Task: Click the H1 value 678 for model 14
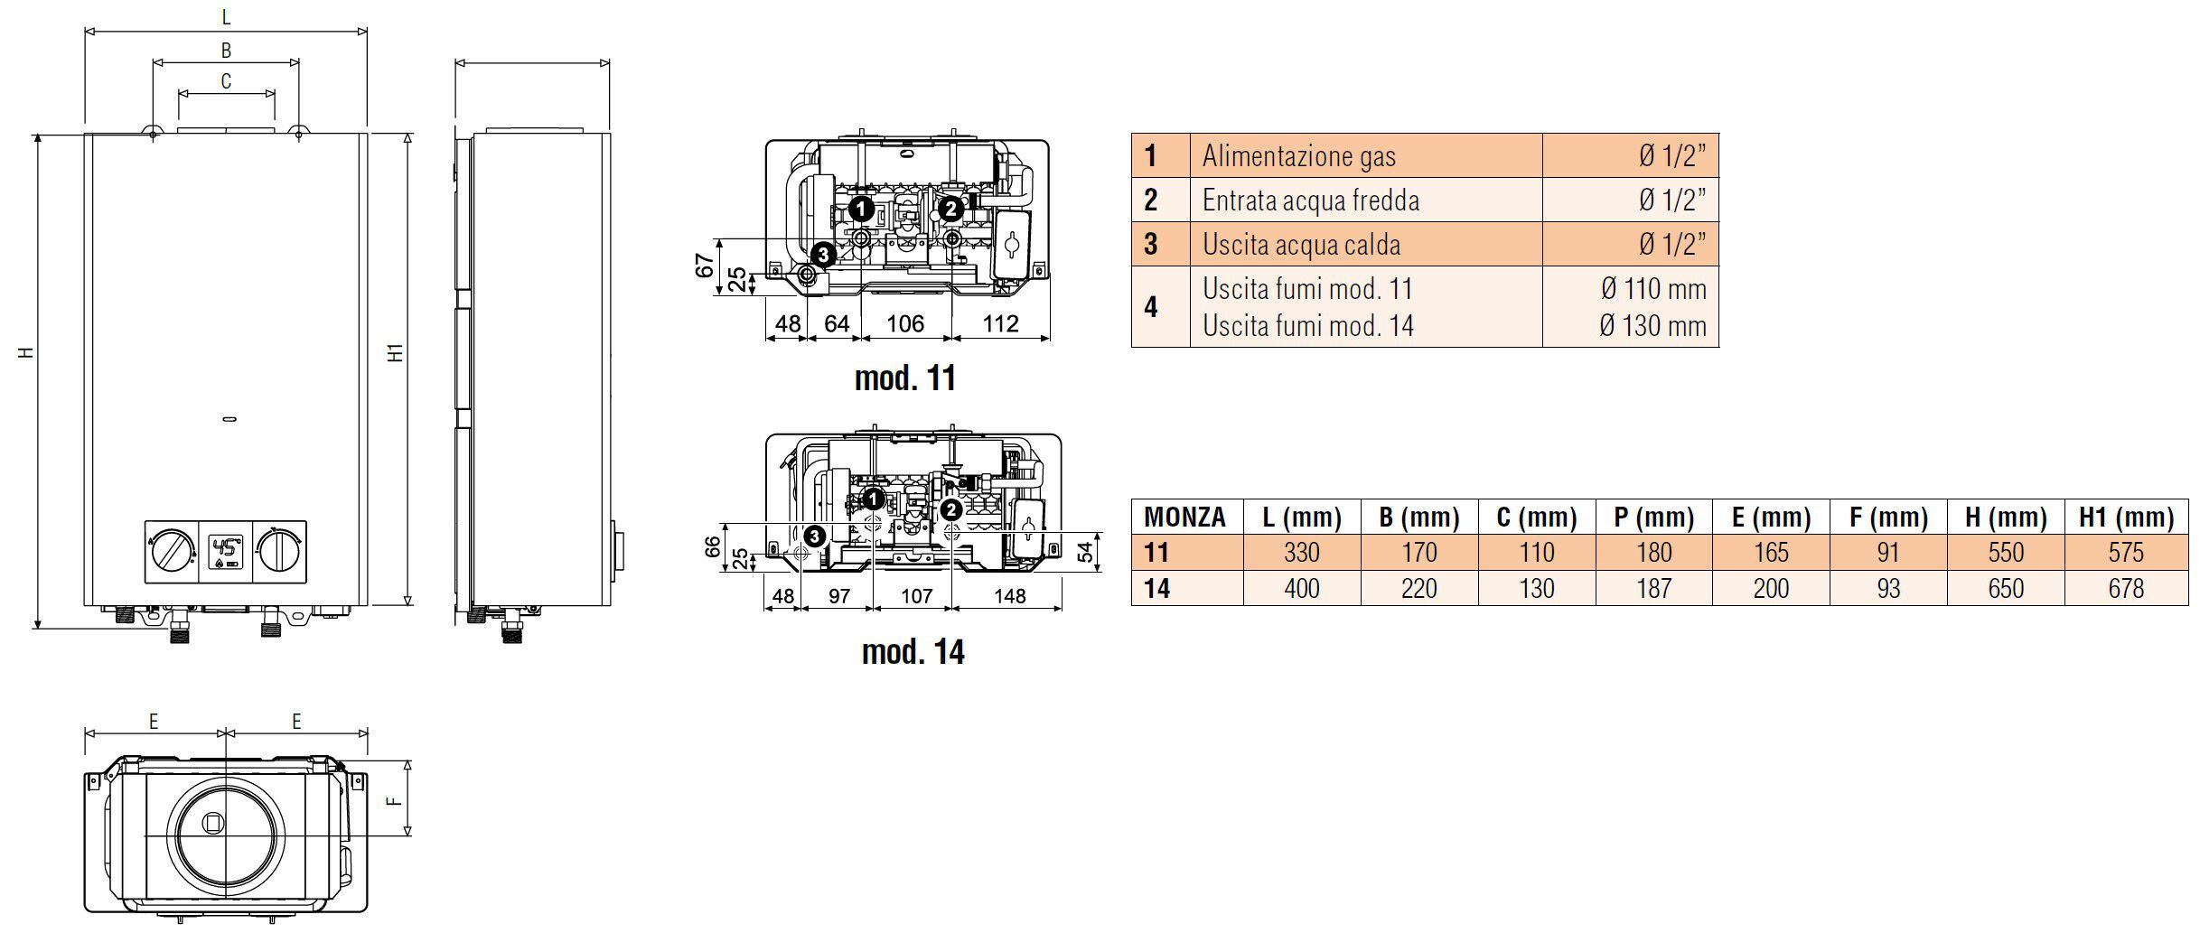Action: [2125, 588]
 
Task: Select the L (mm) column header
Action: [1301, 518]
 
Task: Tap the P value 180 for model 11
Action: [1653, 552]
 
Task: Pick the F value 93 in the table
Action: [1888, 588]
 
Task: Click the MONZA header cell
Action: [1184, 518]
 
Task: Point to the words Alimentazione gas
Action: [1298, 156]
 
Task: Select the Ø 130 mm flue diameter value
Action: [1652, 325]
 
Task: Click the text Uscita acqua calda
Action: [1301, 245]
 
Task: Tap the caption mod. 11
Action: [904, 378]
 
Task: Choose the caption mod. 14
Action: [913, 651]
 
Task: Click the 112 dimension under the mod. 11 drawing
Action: [1000, 323]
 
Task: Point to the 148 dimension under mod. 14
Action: [1009, 596]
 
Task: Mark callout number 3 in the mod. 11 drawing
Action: [822, 255]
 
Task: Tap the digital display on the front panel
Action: [226, 550]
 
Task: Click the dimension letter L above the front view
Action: [226, 17]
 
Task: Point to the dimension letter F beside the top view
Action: [393, 799]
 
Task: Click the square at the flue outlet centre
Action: [213, 824]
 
